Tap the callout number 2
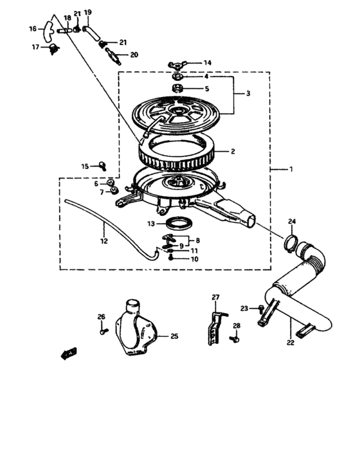pos(233,152)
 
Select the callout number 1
pos(291,170)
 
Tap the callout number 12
pos(104,241)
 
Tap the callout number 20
pos(134,55)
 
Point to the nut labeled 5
pos(179,87)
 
